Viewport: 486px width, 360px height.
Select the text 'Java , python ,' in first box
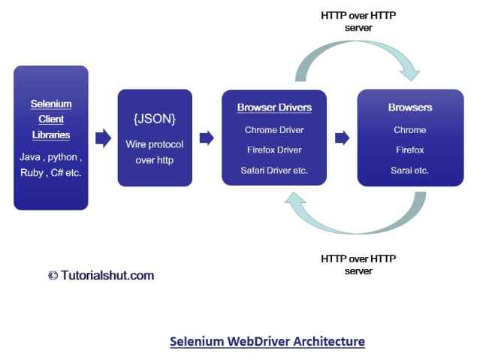click(x=50, y=158)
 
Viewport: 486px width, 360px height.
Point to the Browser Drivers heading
click(x=274, y=108)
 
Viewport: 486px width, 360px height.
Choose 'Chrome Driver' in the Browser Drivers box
click(x=274, y=130)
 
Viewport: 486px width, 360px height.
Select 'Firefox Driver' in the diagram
click(x=274, y=150)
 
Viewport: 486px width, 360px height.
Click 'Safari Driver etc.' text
click(x=274, y=171)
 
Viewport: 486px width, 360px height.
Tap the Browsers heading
click(x=410, y=108)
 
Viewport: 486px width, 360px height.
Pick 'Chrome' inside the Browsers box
click(x=410, y=130)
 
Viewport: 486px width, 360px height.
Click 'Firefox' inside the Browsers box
click(x=410, y=150)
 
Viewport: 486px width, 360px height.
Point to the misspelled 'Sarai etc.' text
click(x=410, y=171)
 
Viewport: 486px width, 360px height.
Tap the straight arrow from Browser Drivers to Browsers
click(x=342, y=138)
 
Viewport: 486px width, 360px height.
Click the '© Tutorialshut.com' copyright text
click(x=101, y=275)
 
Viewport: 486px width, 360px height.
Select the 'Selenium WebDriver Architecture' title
click(x=267, y=341)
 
